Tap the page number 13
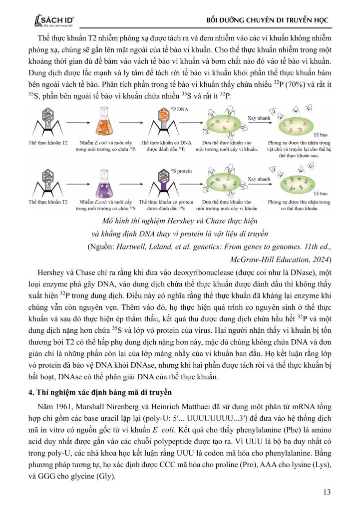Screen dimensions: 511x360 coord(327,493)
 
